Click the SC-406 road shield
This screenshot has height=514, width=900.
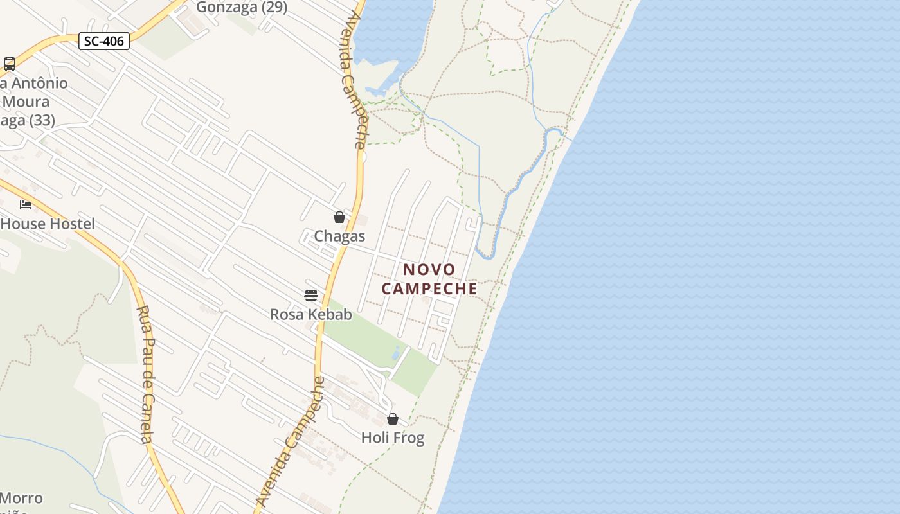(104, 42)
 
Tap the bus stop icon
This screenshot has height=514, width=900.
(10, 64)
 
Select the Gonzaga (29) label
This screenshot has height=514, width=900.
(241, 8)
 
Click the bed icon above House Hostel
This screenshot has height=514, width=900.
(26, 205)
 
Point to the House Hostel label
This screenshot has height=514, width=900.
(48, 224)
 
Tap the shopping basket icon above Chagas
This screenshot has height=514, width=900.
(339, 218)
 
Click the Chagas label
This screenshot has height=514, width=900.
(339, 236)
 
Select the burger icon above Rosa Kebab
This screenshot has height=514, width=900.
(311, 296)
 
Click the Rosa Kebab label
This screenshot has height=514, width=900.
(311, 314)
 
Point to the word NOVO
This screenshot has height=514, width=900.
(429, 270)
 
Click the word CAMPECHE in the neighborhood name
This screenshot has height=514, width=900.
(429, 288)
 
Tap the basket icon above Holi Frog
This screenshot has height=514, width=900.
(393, 420)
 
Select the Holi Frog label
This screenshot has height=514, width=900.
(393, 438)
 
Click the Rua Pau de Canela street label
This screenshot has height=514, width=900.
(145, 375)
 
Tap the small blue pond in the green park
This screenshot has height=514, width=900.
(396, 352)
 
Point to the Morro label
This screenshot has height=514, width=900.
(22, 498)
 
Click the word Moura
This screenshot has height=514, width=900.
(26, 102)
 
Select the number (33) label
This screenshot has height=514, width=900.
(42, 120)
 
